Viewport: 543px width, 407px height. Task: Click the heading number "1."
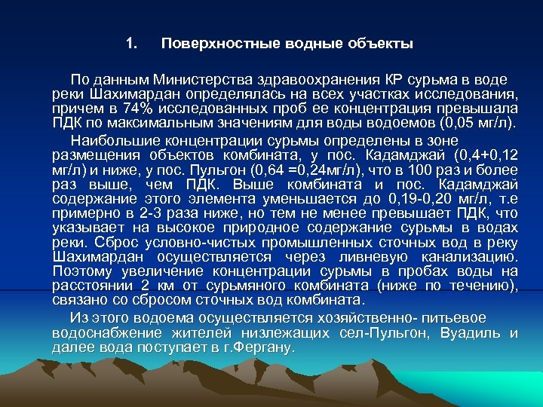pos(132,43)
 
